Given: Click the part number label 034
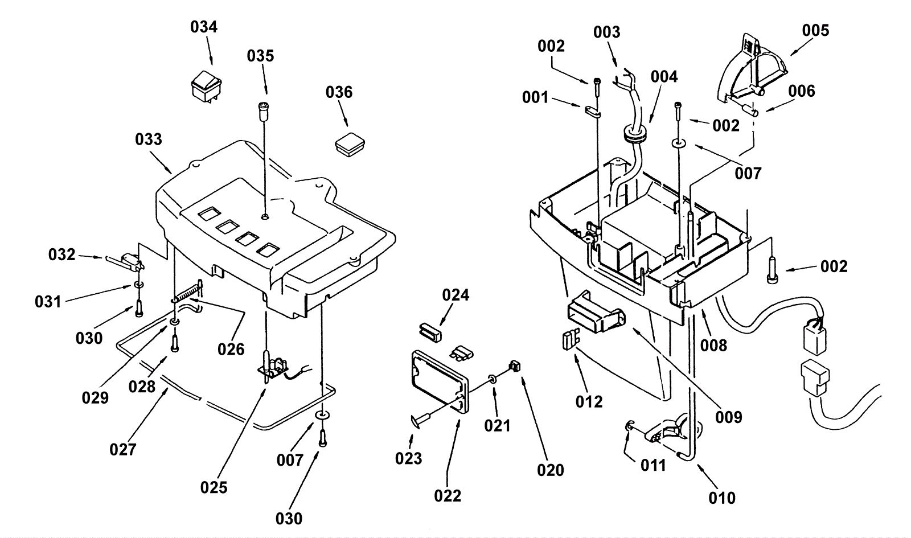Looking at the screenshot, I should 204,27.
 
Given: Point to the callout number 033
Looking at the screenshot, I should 149,139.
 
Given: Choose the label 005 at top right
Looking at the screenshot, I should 815,30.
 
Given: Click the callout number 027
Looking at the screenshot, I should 123,450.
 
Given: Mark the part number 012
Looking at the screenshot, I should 589,401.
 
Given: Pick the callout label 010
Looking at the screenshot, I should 722,498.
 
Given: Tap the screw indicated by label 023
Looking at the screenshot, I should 419,421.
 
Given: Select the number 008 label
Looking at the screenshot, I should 713,345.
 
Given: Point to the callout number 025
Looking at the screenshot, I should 214,487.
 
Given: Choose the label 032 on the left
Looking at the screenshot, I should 61,254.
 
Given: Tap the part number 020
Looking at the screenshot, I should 551,470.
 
